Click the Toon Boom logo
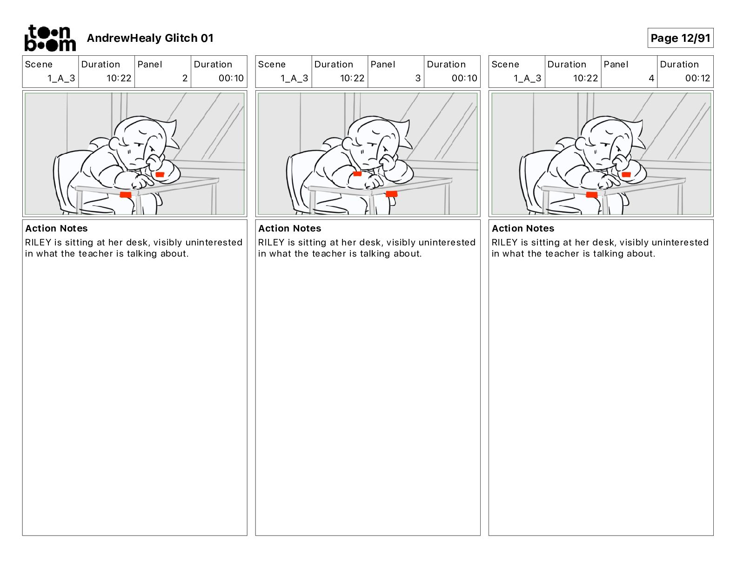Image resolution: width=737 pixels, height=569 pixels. tap(50, 38)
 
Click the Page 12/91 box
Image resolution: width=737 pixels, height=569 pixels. tap(680, 38)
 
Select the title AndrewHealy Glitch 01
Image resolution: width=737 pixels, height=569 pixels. tap(150, 38)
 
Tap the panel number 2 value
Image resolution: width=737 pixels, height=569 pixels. tap(185, 78)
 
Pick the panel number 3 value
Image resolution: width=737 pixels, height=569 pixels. tap(418, 78)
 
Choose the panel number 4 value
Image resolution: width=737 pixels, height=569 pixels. tap(651, 78)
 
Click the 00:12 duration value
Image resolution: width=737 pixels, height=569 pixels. tap(697, 78)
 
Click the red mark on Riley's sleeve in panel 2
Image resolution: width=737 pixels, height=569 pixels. tap(160, 174)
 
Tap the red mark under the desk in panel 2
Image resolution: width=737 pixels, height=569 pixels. tap(126, 195)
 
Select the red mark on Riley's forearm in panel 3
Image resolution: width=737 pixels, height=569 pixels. tap(357, 174)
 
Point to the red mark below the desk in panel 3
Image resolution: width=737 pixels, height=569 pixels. tap(391, 194)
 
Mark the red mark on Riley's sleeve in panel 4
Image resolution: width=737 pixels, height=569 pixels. tap(626, 174)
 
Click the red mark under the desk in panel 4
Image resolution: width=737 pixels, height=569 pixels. tap(592, 194)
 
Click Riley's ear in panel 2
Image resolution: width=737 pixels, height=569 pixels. tap(114, 143)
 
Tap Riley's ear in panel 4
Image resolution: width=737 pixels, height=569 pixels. tap(581, 143)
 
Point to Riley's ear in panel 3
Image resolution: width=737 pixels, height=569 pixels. tap(347, 143)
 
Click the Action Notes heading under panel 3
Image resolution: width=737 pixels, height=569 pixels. tap(290, 228)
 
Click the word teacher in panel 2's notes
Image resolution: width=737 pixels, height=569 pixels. tap(96, 253)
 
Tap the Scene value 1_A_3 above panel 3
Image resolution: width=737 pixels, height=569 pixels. tap(294, 78)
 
